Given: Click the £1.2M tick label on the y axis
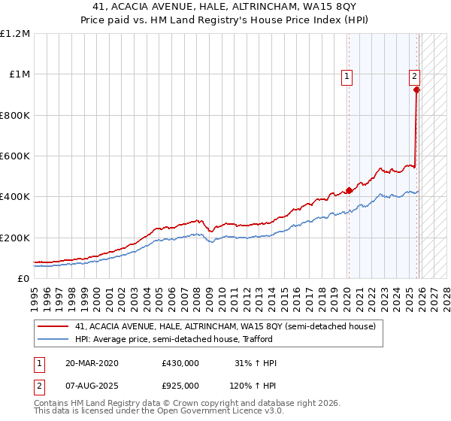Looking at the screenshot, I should tap(15, 34).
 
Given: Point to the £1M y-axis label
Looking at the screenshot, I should tap(20, 74).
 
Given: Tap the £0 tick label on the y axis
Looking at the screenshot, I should tap(25, 278).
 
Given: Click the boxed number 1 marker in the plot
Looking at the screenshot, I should tap(347, 75).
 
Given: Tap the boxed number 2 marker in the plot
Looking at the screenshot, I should tap(414, 75).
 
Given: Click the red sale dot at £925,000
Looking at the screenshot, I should tap(417, 90).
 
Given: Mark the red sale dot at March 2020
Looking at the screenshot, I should tap(349, 190).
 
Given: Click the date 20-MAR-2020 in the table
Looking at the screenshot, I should tap(92, 363).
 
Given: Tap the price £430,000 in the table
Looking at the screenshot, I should tap(180, 363).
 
